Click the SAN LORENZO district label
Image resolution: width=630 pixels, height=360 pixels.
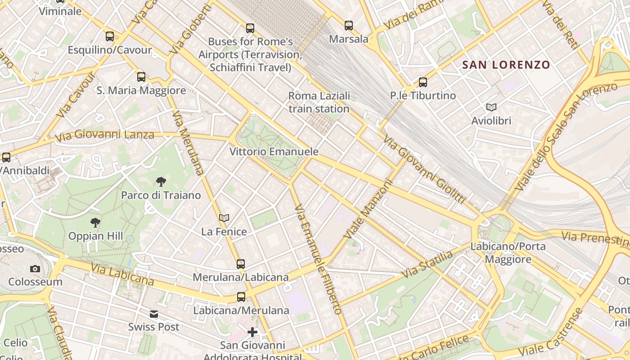506,65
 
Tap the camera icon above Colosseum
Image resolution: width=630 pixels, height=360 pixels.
35,269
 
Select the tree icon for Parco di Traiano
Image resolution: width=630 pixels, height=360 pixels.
161,182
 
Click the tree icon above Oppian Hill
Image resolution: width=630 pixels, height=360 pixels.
95,222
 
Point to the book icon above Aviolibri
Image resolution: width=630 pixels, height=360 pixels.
491,107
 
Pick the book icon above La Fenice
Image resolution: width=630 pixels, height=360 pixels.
224,218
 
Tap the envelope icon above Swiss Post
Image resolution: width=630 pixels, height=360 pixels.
154,314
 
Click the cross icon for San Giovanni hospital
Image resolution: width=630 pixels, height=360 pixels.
252,333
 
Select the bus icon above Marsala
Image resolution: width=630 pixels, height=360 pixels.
349,26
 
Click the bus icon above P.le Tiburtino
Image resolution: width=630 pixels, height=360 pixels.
423,82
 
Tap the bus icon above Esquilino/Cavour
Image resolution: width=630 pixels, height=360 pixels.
110,36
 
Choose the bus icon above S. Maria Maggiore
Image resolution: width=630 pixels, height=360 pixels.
141,77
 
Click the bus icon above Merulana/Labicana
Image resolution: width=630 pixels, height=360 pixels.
241,264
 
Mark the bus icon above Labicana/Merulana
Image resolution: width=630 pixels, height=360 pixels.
241,297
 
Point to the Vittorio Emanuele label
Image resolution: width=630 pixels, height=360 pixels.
274,152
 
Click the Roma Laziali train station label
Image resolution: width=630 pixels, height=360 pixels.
319,102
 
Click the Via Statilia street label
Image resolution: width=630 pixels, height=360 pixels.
427,264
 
